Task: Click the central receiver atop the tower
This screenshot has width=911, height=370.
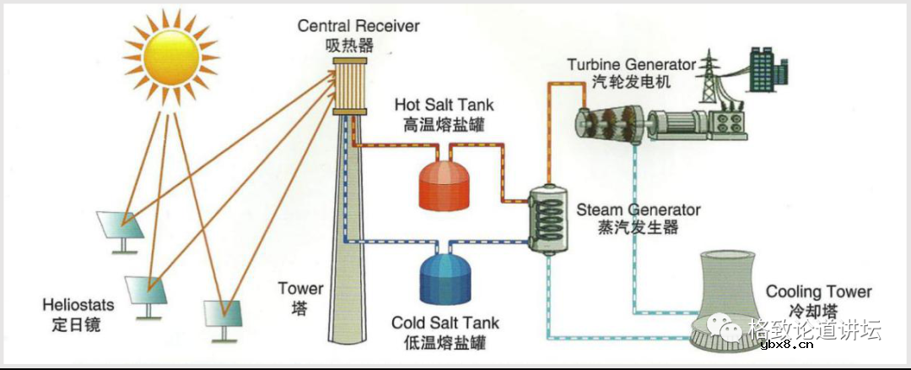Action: pyautogui.click(x=348, y=87)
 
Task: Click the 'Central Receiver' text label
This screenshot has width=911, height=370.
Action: pyautogui.click(x=358, y=26)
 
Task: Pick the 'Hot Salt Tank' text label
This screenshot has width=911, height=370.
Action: pyautogui.click(x=445, y=105)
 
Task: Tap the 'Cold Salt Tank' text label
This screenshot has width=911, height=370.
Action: pyautogui.click(x=445, y=324)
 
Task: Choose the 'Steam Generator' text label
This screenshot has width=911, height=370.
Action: pyautogui.click(x=638, y=209)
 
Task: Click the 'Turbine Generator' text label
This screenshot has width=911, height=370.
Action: pyautogui.click(x=631, y=65)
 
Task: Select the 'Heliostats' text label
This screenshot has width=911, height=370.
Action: pyautogui.click(x=75, y=304)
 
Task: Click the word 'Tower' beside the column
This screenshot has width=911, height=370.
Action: pyautogui.click(x=300, y=290)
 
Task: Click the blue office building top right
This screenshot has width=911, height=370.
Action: pyautogui.click(x=757, y=68)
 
